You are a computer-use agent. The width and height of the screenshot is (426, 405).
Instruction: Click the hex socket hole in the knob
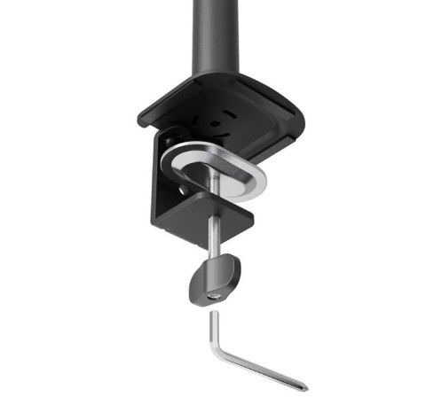[x=214, y=295]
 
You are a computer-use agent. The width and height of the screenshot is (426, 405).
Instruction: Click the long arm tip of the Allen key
[x=302, y=386]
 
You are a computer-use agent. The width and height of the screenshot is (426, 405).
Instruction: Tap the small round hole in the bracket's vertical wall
[x=182, y=187]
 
